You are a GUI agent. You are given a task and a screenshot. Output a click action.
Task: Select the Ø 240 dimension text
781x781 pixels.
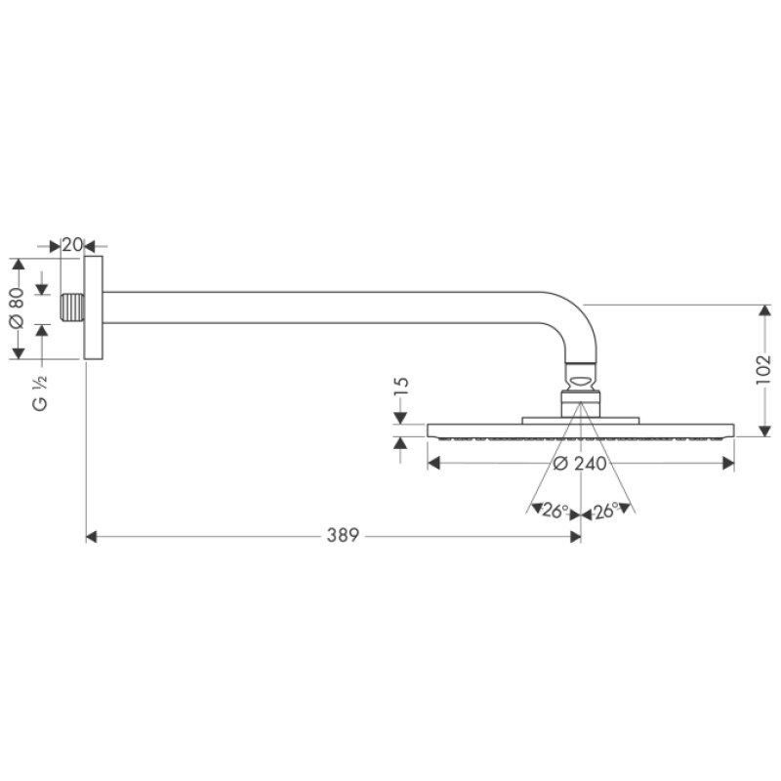click(580, 464)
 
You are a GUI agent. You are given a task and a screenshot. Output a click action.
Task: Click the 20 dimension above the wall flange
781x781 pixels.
click(71, 245)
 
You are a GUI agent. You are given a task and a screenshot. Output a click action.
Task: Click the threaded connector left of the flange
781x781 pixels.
click(72, 309)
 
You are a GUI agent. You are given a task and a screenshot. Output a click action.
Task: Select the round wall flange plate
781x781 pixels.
click(93, 309)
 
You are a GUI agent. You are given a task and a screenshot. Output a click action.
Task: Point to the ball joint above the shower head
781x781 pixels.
click(581, 375)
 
